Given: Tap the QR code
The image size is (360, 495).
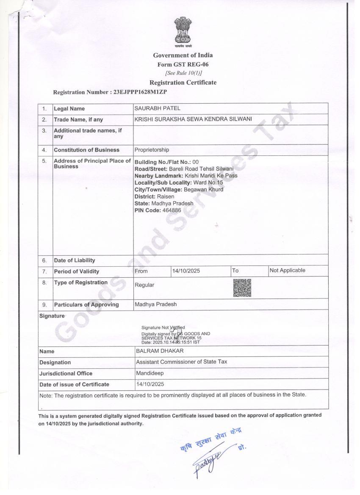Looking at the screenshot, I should click(x=242, y=288).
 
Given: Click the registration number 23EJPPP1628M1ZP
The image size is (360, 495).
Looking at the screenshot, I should click(x=143, y=92).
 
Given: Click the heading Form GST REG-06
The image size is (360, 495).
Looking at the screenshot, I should click(x=183, y=64).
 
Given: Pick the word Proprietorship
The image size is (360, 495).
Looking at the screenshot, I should click(x=152, y=150).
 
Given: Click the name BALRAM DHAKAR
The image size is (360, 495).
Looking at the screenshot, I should click(x=160, y=351).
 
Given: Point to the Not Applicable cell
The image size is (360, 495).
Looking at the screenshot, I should click(x=287, y=271).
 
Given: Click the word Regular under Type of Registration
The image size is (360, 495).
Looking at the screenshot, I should click(x=144, y=285).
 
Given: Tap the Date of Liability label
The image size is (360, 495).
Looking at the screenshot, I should click(x=75, y=260).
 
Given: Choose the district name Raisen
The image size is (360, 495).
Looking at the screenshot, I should click(x=166, y=196).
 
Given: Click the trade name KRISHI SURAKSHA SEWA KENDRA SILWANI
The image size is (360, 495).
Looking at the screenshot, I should click(x=193, y=119).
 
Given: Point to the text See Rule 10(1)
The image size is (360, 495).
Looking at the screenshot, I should click(x=183, y=73).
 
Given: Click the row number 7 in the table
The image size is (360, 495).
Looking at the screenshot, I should click(x=44, y=271).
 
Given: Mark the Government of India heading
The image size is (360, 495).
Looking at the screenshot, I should click(x=183, y=55).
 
